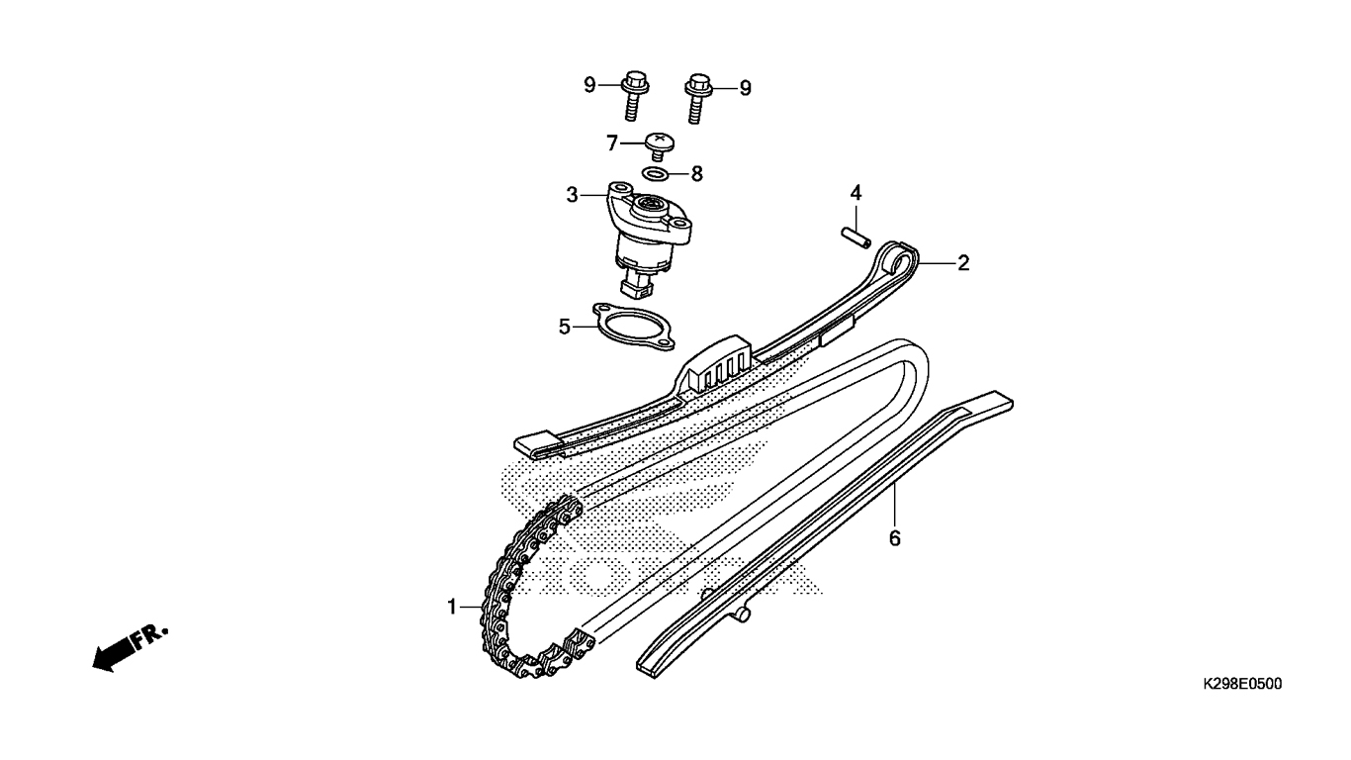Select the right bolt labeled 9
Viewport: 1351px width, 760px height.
[x=698, y=98]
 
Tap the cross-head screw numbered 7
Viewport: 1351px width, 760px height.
[x=660, y=146]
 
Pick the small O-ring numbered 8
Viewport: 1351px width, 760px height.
[x=656, y=174]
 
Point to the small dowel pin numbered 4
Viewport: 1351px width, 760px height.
[x=856, y=237]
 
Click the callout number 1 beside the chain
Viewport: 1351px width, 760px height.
[x=452, y=607]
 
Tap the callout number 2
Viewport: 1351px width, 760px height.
[x=963, y=263]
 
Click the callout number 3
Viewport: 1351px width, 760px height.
[x=572, y=195]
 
